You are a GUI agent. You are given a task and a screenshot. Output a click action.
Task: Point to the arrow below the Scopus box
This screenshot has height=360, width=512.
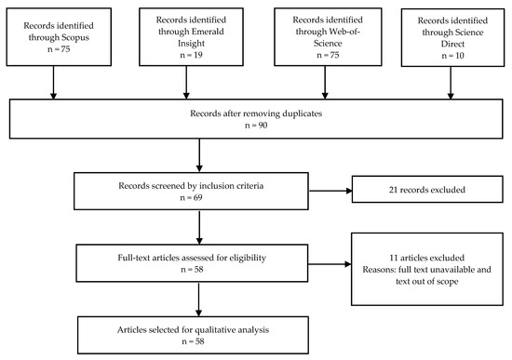[54, 85]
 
